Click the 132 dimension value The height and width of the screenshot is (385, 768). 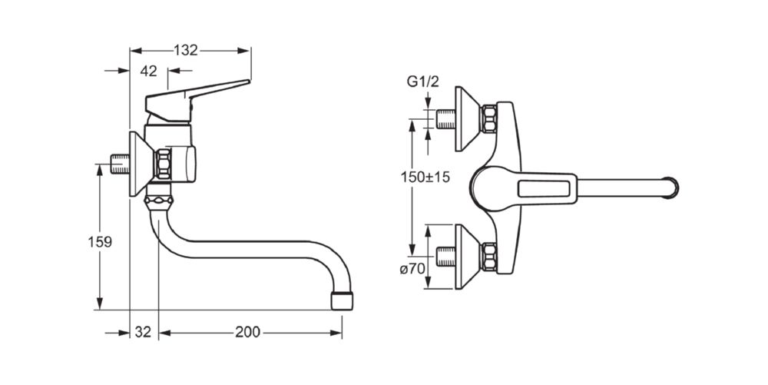pyautogui.click(x=186, y=50)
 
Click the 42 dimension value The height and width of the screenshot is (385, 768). pyautogui.click(x=148, y=71)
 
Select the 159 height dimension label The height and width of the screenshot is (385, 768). pyautogui.click(x=100, y=241)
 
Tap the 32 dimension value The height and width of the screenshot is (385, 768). pyautogui.click(x=143, y=332)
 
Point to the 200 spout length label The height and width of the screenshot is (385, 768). pyautogui.click(x=247, y=332)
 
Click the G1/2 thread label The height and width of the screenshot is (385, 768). pyautogui.click(x=422, y=81)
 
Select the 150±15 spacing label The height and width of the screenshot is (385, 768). pyautogui.click(x=425, y=177)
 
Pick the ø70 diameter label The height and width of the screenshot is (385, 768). pyautogui.click(x=412, y=269)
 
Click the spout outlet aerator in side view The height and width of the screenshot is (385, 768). pyautogui.click(x=342, y=300)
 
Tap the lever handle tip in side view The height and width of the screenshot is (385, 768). pyautogui.click(x=248, y=81)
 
